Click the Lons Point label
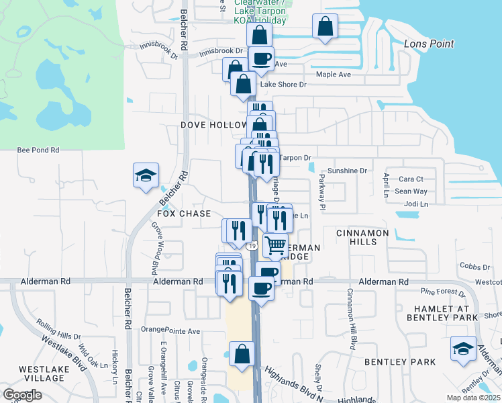pos(430,44)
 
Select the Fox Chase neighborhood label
pos(184,214)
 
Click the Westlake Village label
pos(42,374)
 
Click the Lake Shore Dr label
pos(283,85)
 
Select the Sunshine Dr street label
pos(348,171)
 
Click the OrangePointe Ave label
pos(170,331)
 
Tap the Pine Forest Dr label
pos(442,292)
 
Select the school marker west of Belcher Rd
pos(146,175)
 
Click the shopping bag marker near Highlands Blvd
pos(242,354)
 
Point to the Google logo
pos(22,394)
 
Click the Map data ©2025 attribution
pos(472,398)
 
